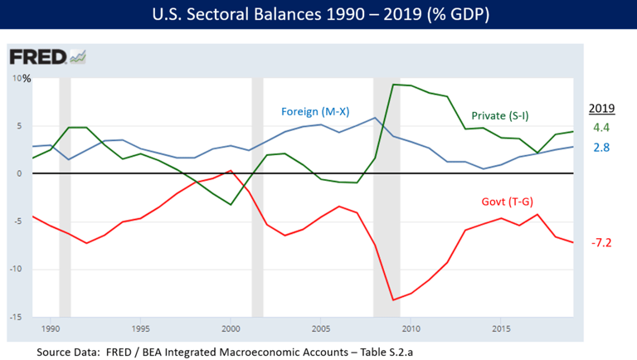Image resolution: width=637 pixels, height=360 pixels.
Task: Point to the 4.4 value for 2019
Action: point(601,128)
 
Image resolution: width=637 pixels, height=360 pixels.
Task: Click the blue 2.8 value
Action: point(601,147)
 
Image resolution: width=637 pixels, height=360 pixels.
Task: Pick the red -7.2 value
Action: point(601,243)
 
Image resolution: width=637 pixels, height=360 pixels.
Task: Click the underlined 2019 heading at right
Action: point(601,108)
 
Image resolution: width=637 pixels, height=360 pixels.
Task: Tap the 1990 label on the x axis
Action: point(50,329)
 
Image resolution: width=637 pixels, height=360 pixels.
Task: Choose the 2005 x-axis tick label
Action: point(321,329)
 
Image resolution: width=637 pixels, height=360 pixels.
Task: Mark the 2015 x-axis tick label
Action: point(502,329)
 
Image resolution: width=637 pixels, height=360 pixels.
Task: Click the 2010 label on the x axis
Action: point(411,329)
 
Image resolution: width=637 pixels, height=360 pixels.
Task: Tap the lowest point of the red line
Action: point(392,299)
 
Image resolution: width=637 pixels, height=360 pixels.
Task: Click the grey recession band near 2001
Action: point(257,199)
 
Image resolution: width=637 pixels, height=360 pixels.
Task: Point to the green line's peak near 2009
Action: point(392,84)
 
